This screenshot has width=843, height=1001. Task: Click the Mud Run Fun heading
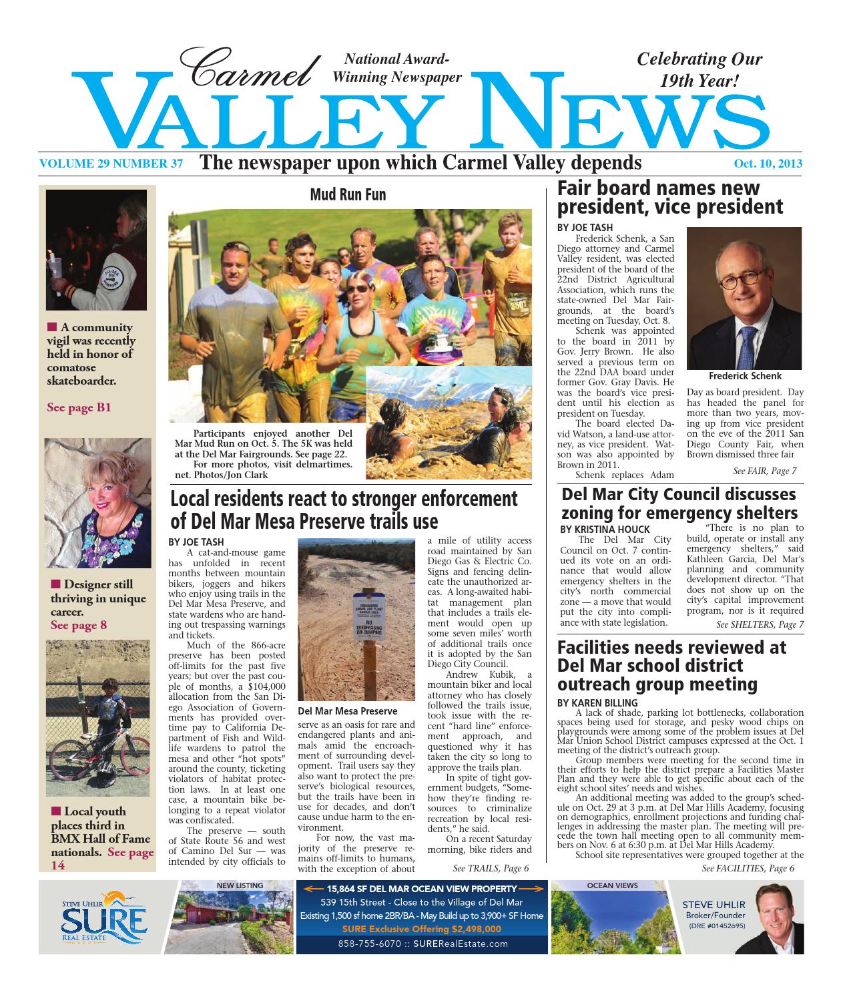(x=348, y=194)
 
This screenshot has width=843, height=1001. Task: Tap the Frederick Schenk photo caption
(x=744, y=376)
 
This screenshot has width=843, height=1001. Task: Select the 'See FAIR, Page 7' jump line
(x=764, y=471)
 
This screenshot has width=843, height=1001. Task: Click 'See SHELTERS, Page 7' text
(x=760, y=624)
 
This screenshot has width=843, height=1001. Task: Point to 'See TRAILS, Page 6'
(x=491, y=868)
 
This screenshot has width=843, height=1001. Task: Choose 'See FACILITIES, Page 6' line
(x=748, y=868)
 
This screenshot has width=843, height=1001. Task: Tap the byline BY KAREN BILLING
(x=598, y=703)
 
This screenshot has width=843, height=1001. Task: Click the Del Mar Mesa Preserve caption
(x=348, y=711)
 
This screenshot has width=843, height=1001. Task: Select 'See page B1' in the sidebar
(x=79, y=407)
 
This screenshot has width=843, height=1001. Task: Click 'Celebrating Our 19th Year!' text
(x=699, y=70)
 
